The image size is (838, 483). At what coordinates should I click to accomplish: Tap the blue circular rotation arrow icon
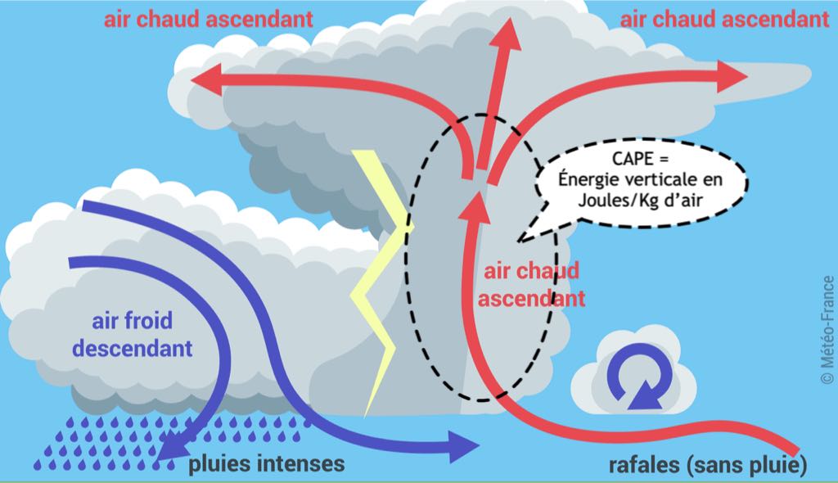(x=633, y=379)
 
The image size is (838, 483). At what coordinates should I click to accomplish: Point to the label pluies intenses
(x=267, y=464)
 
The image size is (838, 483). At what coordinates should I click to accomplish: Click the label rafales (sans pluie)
(x=708, y=465)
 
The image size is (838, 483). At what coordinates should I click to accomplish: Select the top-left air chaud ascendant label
(x=209, y=19)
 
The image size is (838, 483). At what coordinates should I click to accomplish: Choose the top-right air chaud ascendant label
(x=724, y=19)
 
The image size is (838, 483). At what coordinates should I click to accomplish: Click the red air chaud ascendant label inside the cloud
(x=531, y=283)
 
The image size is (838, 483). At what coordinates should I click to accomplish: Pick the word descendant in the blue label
(x=133, y=347)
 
